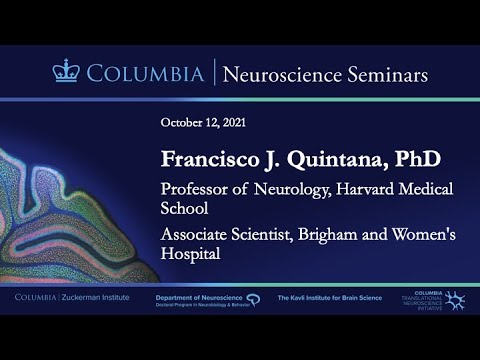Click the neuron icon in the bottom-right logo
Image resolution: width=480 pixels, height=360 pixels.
coord(455,300)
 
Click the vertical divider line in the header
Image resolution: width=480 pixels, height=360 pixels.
coord(212,73)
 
